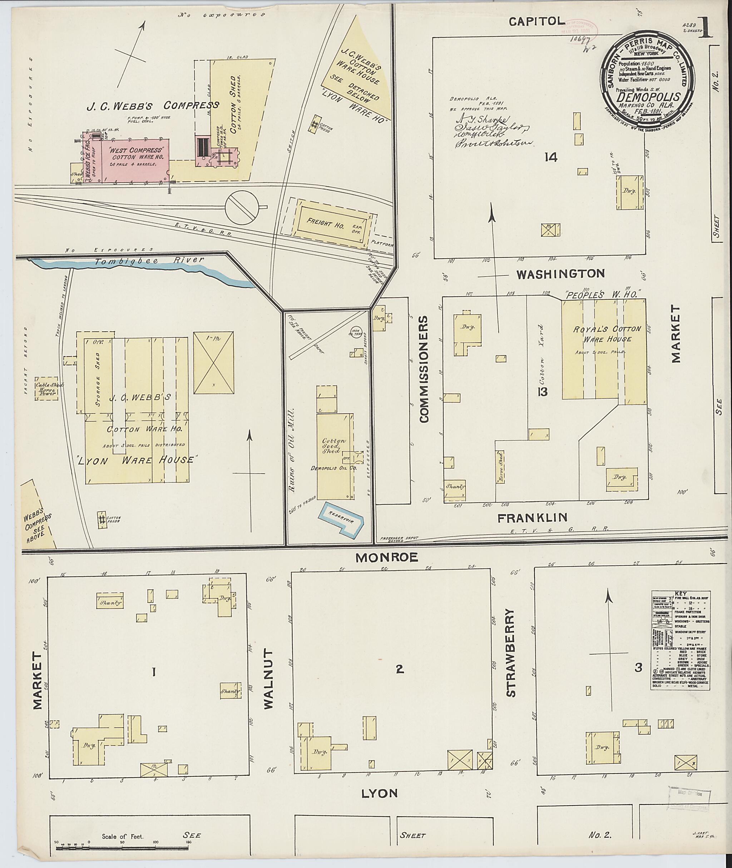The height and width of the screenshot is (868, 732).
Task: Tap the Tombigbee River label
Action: coord(149,260)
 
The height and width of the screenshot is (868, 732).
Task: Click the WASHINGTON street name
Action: coord(560,274)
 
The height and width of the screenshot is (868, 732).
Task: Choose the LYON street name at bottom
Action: coord(379,793)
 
